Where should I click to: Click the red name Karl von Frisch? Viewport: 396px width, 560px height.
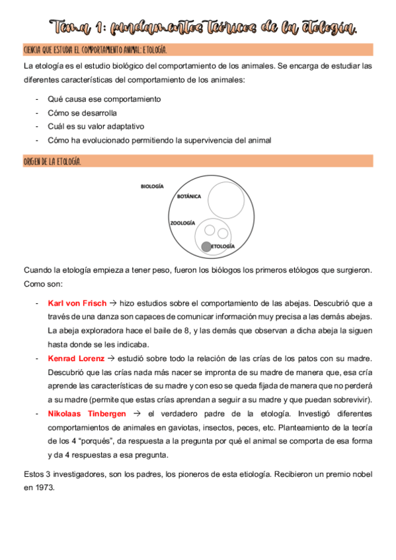pos(76,303)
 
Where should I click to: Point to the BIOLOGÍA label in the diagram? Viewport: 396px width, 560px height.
pos(152,187)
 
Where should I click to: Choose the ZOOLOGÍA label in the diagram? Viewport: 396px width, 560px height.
pos(182,223)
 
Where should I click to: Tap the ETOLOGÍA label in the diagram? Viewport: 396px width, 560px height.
pos(223,246)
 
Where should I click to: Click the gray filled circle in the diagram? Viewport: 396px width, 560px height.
pos(206,246)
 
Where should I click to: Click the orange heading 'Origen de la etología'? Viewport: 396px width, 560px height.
pos(52,161)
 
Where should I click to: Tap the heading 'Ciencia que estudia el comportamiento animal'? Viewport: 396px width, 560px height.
pos(95,50)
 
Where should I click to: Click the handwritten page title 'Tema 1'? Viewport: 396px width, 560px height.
pos(74,28)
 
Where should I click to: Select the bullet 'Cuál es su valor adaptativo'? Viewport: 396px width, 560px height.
pos(96,126)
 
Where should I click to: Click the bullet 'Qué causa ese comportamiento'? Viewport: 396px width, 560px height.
pos(104,99)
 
